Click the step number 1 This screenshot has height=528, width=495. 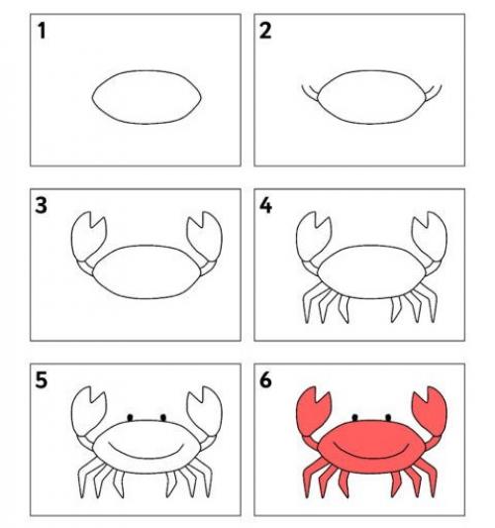pyautogui.click(x=42, y=31)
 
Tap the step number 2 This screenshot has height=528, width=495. pyautogui.click(x=265, y=31)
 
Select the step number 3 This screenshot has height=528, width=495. pyautogui.click(x=41, y=205)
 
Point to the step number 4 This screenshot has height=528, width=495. pyautogui.click(x=266, y=205)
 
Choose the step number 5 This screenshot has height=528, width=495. pyautogui.click(x=41, y=380)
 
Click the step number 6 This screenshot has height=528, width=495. pyautogui.click(x=265, y=380)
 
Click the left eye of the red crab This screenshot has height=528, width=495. pyautogui.click(x=354, y=418)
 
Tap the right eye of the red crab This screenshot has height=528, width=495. pyautogui.click(x=388, y=418)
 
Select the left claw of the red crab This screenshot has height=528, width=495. pyautogui.click(x=311, y=409)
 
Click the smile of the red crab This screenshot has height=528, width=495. pyautogui.click(x=371, y=456)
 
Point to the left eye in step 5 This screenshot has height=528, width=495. pyautogui.click(x=130, y=418)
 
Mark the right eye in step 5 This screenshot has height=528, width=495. pyautogui.click(x=163, y=418)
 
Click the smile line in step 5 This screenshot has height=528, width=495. pyautogui.click(x=147, y=456)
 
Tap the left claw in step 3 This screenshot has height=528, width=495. pyautogui.click(x=86, y=235)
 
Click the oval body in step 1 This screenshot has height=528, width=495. pyautogui.click(x=147, y=71)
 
